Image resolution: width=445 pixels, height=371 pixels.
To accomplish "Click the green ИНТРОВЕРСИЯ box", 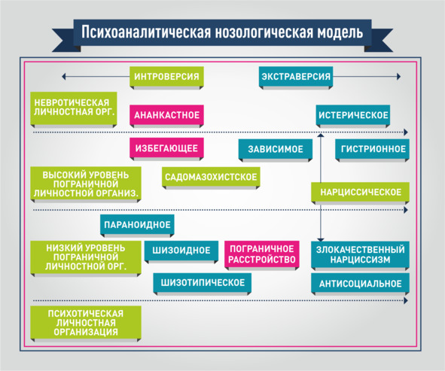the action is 166,77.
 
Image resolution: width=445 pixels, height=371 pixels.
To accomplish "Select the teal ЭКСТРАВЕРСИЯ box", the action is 296,77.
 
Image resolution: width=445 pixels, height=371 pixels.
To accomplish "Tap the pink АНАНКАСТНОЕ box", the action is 166,115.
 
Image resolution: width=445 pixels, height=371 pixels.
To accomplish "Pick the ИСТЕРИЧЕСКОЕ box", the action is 353,115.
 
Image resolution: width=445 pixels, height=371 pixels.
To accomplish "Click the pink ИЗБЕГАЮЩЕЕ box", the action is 166,148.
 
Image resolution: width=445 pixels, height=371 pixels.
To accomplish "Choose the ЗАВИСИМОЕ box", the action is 276,149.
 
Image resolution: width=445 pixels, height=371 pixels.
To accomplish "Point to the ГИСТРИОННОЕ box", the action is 373,149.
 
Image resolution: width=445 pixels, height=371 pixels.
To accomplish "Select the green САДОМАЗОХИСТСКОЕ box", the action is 211,177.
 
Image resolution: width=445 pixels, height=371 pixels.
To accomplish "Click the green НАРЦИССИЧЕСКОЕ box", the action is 361,193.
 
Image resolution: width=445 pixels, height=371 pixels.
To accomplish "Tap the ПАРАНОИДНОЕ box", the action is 137,225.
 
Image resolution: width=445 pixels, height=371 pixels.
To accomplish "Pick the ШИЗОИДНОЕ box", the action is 181,251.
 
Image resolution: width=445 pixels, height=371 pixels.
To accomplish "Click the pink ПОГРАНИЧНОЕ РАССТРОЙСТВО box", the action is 262,254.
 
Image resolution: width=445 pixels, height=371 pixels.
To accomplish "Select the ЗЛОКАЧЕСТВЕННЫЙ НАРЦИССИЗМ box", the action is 361,254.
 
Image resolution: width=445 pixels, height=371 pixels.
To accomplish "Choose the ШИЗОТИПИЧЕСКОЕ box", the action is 203,283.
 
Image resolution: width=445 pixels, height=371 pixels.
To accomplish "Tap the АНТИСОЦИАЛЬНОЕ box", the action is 361,284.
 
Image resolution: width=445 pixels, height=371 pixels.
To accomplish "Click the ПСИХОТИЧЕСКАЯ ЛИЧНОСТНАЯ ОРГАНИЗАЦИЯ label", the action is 86,323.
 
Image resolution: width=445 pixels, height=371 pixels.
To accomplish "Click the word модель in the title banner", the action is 340,32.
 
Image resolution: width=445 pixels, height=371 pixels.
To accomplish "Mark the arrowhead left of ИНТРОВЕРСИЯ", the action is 63,77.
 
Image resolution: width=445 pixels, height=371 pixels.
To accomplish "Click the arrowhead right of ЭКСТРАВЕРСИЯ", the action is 399,77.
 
